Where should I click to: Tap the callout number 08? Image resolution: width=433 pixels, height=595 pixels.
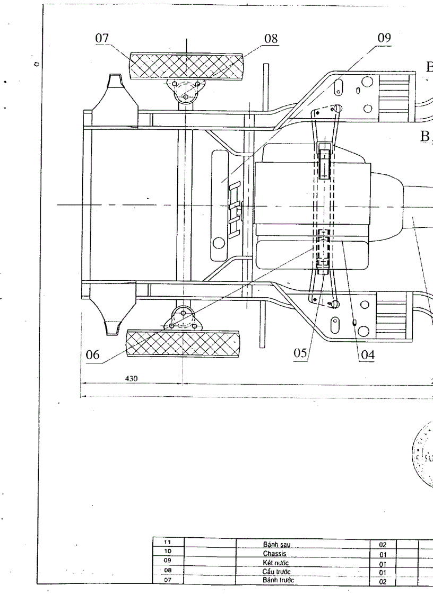coord(271,39)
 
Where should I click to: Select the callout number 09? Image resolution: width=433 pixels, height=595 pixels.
coord(384,38)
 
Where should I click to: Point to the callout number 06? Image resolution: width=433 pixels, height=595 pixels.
coord(93,356)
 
